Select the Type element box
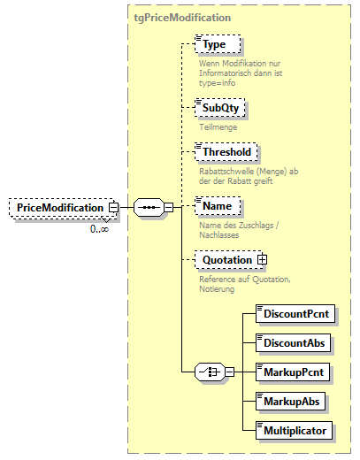[x=218, y=43]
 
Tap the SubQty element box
[x=221, y=108]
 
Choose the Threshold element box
[x=226, y=152]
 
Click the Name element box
[x=218, y=205]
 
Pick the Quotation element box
[x=226, y=259]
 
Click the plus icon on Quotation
[x=262, y=259]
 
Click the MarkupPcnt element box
[x=292, y=371]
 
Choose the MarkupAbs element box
[x=289, y=401]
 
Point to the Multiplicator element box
[x=294, y=431]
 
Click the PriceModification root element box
[x=61, y=207]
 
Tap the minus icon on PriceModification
[x=113, y=207]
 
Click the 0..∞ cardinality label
[x=99, y=230]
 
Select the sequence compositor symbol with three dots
[x=148, y=207]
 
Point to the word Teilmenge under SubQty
[x=218, y=127]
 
